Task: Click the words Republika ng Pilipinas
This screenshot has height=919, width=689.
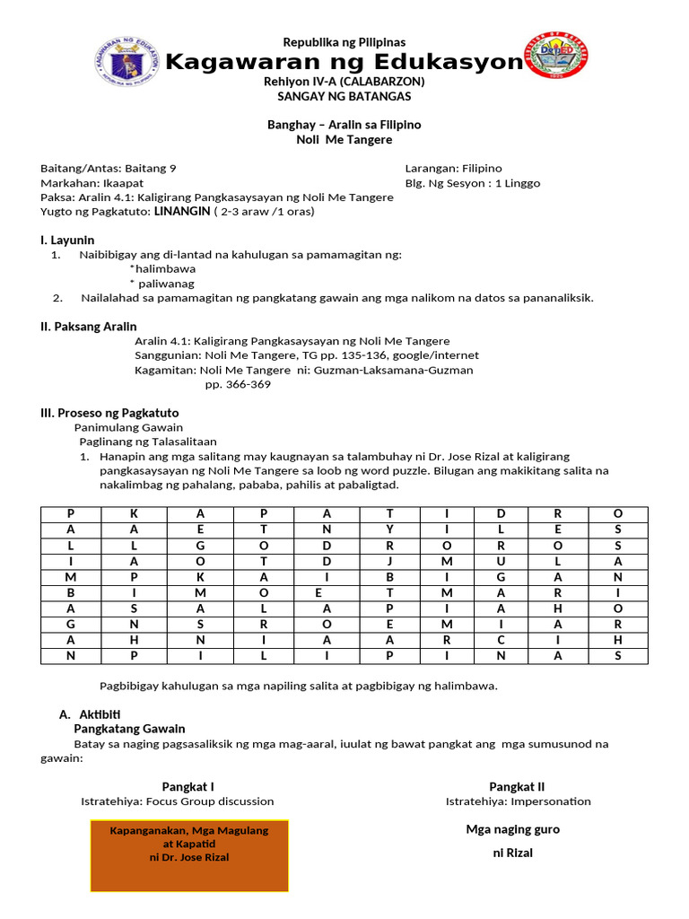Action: click(344, 42)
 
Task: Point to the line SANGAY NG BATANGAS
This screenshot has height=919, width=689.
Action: click(344, 96)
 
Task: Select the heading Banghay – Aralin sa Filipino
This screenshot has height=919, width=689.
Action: click(344, 125)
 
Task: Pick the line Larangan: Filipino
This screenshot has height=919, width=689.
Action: click(453, 169)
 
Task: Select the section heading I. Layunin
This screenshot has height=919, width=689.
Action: click(67, 240)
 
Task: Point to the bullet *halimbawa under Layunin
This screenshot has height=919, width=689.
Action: click(162, 268)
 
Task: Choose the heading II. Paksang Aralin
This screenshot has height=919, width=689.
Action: click(89, 326)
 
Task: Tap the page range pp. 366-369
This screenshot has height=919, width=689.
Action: click(238, 384)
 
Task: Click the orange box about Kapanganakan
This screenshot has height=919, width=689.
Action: click(189, 855)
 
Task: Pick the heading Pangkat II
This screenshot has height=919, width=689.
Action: click(516, 786)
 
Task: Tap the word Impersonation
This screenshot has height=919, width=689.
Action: click(550, 801)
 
